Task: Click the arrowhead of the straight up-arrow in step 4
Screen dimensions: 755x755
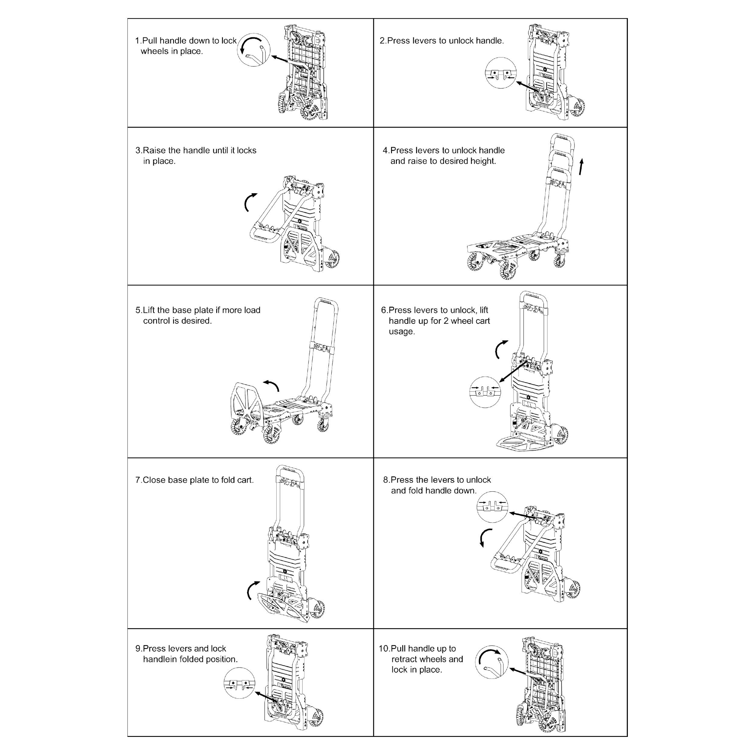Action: click(582, 162)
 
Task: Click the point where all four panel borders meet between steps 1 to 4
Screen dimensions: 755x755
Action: click(374, 127)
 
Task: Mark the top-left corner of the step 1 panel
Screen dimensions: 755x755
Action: click(128, 19)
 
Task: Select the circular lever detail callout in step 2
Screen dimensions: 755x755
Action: click(501, 73)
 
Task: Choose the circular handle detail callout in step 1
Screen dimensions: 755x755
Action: click(254, 50)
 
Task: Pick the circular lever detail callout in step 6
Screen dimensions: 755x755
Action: click(485, 392)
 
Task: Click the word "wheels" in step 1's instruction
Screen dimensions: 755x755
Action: click(154, 51)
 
